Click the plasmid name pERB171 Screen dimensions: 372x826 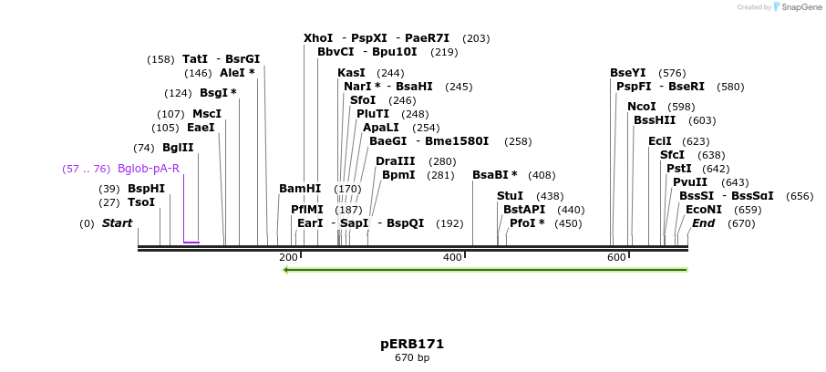point(412,344)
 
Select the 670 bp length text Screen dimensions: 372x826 point(412,358)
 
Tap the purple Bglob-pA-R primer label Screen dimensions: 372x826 point(148,169)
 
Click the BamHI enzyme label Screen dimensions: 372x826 point(300,189)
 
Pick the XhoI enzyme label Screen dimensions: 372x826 point(318,38)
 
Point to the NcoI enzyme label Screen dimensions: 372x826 point(642,107)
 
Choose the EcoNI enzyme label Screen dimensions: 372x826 point(704,210)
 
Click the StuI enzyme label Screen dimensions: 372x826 point(510,196)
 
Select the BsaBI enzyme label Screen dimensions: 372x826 point(494,175)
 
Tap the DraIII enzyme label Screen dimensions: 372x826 point(395,161)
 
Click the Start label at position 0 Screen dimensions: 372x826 point(117,223)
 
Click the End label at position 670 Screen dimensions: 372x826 point(704,223)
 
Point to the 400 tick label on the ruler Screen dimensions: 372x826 point(452,258)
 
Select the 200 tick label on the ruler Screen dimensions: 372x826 point(288,258)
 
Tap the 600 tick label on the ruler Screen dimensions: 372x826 point(616,258)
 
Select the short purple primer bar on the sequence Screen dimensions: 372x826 point(191,243)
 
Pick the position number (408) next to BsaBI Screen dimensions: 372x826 point(542,175)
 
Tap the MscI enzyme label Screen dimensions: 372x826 point(206,114)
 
